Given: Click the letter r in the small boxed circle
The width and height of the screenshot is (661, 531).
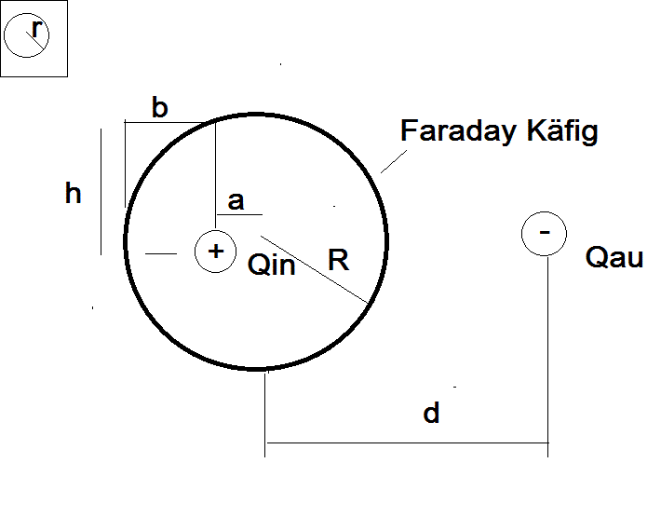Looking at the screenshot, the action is [37, 30].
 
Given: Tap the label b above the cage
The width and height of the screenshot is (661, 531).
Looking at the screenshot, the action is [160, 107].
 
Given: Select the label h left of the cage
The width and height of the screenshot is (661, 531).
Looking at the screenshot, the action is [73, 193].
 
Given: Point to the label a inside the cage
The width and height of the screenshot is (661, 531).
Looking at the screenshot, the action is [236, 201].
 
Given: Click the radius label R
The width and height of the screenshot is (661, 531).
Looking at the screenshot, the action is [339, 260].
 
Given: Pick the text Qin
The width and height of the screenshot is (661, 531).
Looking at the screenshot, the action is [272, 265].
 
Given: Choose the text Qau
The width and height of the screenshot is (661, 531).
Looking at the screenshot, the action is [614, 257].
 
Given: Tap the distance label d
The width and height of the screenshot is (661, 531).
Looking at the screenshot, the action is [431, 413].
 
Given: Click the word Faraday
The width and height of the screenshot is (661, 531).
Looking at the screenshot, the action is [458, 130].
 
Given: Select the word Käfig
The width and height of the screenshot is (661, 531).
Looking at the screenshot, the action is [562, 130].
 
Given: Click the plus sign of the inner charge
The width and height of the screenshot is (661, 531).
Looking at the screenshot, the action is [216, 252].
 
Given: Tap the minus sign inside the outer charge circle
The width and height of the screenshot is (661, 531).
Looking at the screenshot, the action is [545, 232].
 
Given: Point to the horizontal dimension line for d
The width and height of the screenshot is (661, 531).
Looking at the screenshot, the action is [408, 442].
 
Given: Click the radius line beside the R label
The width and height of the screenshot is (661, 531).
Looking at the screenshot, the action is [315, 269].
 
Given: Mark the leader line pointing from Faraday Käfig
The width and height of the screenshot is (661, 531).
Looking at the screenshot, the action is [394, 161].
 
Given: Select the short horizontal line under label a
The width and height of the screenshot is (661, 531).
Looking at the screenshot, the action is [239, 214].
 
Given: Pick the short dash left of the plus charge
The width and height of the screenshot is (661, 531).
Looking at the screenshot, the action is [161, 254].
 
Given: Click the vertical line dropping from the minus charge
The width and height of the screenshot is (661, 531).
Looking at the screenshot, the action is [548, 357].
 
